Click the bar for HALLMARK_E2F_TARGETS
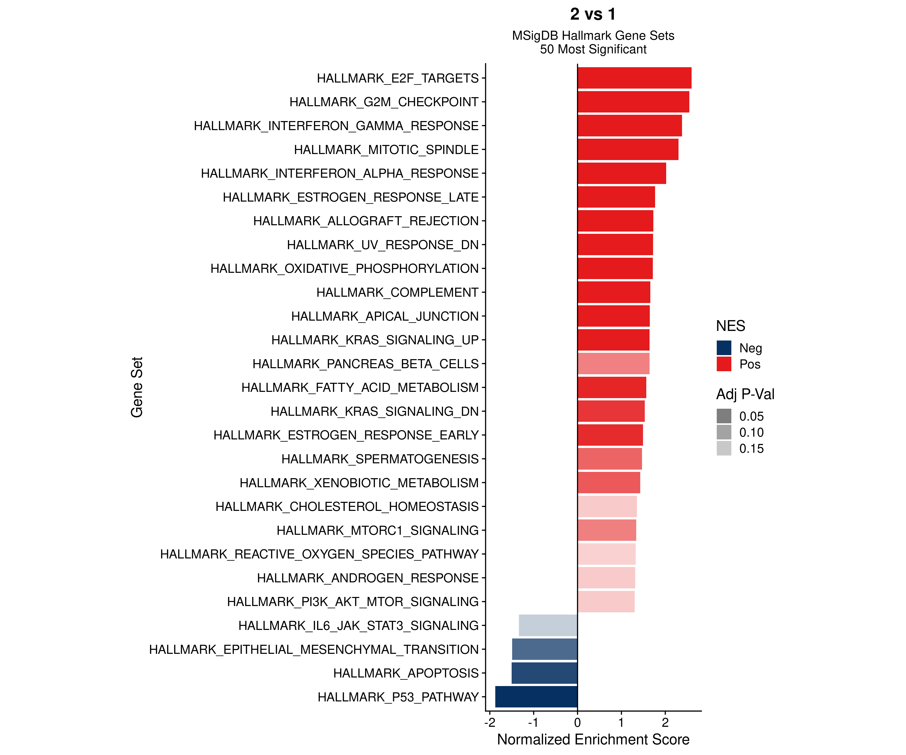[x=634, y=78]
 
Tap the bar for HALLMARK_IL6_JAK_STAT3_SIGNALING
[x=548, y=625]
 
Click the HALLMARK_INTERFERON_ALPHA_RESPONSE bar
[x=622, y=173]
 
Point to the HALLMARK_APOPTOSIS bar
[x=544, y=673]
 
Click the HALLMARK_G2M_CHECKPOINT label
[x=384, y=102]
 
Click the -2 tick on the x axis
[x=490, y=722]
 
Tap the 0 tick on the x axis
[x=577, y=722]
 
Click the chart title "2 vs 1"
[x=593, y=14]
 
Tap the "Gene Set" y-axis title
[x=137, y=387]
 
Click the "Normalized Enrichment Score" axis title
[x=593, y=739]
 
